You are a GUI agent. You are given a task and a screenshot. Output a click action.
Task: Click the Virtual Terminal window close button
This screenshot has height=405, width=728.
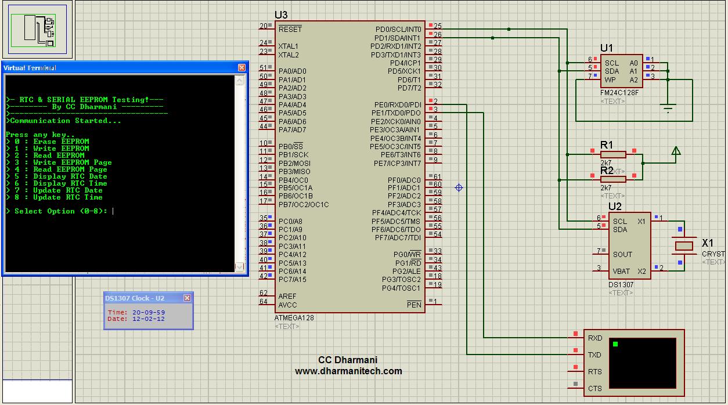(242, 67)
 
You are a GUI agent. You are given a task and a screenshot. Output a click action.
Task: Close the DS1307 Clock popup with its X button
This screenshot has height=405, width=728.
(187, 298)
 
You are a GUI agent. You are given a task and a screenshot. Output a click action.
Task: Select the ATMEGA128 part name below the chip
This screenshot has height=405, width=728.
(294, 319)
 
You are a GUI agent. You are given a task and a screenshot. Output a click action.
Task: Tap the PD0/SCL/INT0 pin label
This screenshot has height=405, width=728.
(398, 29)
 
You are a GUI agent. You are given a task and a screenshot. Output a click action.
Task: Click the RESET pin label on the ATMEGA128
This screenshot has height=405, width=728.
(290, 29)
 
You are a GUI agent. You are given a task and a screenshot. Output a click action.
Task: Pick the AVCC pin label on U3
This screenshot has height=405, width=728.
(287, 305)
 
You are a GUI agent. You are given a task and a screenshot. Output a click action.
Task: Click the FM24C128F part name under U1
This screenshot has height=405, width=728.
(619, 93)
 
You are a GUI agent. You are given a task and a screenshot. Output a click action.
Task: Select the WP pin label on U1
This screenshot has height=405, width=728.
(610, 79)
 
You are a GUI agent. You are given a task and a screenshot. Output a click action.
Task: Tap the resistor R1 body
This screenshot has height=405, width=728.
(613, 154)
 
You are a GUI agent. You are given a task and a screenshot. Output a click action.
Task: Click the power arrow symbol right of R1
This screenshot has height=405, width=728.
(675, 151)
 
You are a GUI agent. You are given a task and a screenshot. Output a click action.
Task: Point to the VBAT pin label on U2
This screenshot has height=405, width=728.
(621, 271)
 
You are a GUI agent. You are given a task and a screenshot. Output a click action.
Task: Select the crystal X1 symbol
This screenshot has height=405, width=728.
(684, 246)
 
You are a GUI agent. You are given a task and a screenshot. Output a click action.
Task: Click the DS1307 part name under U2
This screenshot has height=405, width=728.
(621, 285)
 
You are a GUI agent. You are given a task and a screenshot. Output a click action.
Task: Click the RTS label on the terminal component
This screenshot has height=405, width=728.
(594, 372)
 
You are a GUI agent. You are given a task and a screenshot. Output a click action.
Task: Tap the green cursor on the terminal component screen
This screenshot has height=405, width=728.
(615, 344)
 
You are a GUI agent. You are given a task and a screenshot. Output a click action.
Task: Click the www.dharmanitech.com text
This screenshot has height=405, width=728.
(348, 371)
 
